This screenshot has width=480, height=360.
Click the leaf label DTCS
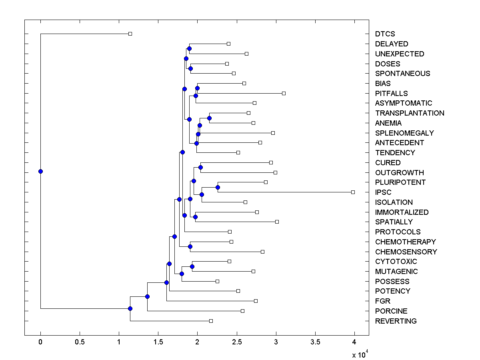coord(385,34)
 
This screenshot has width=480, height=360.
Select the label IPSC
coord(383,192)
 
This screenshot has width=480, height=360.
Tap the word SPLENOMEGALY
coord(404,133)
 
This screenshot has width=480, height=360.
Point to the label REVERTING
coord(396,321)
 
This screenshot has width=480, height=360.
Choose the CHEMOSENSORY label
coord(406,252)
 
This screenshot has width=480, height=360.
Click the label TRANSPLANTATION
coord(410,113)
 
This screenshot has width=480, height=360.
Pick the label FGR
coord(383,301)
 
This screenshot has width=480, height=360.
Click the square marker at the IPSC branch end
coord(353,192)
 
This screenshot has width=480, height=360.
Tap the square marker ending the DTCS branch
coord(130,34)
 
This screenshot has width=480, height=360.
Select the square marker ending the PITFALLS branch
coord(284,93)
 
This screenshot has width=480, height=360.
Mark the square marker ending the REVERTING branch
coord(211,321)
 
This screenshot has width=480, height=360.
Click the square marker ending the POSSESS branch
coord(217,281)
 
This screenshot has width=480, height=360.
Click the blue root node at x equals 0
coord(40,171)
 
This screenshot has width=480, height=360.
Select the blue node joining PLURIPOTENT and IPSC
coord(218,187)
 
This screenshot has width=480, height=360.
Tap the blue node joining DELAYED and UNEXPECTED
coord(189,48)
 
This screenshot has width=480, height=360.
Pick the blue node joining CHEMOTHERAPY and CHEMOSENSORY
coord(190,246)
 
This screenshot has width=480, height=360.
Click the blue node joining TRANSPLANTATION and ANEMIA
coord(209,118)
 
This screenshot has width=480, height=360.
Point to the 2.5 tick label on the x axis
coord(237,342)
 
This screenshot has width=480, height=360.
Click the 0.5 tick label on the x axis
coord(80,342)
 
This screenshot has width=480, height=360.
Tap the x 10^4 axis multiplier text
coord(359,354)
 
